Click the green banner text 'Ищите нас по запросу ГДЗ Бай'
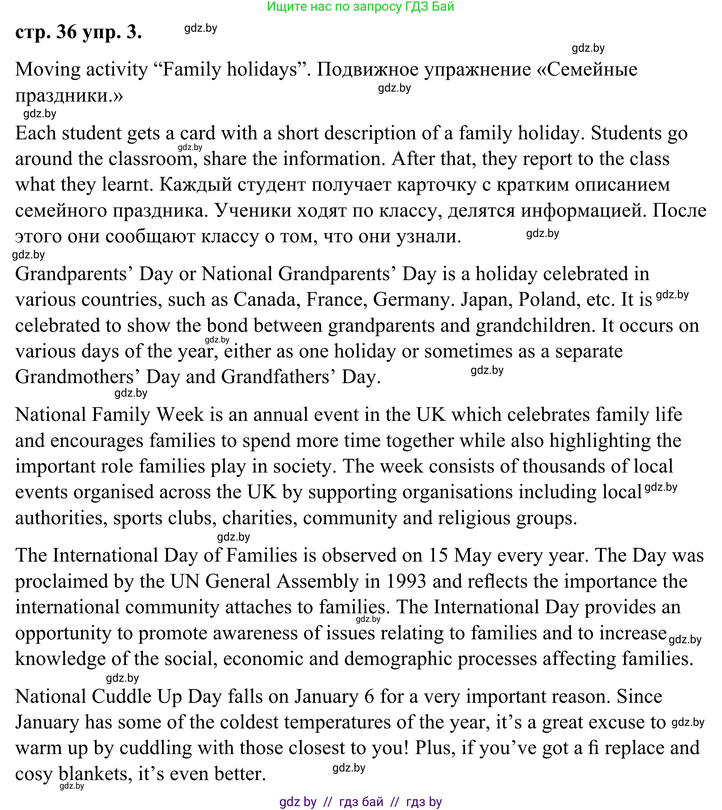tap(360, 6)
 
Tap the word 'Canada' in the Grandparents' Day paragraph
tap(265, 300)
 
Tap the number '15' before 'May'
tap(438, 555)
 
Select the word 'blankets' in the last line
tap(95, 774)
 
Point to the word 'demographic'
tap(398, 659)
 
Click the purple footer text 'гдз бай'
tap(361, 802)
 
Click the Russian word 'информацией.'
tap(583, 210)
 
